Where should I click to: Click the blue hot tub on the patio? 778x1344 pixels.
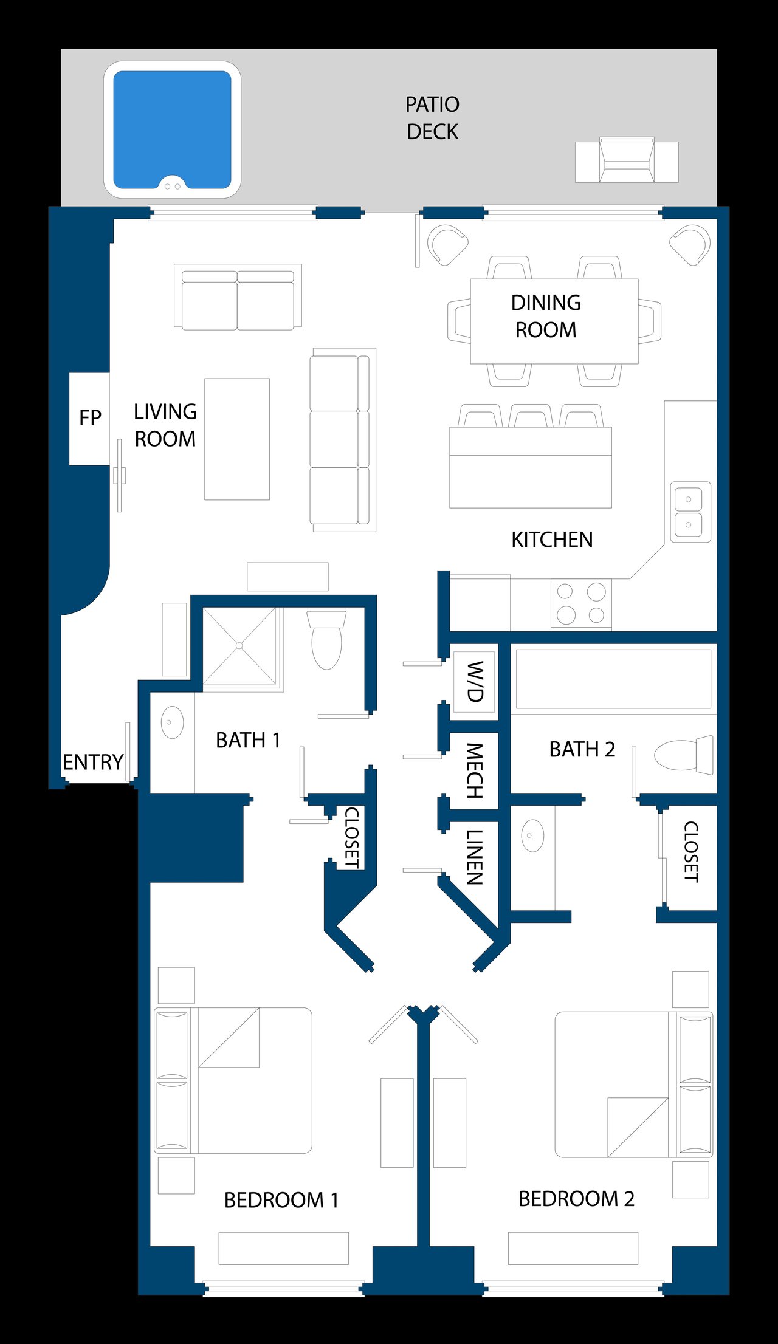tap(172, 129)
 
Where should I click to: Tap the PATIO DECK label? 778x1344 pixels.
tap(432, 118)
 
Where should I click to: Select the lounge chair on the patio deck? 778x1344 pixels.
tap(627, 160)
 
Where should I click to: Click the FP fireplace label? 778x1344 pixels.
tap(90, 417)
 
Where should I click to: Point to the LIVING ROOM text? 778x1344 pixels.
tap(165, 425)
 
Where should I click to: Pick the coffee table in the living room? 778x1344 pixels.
tap(237, 439)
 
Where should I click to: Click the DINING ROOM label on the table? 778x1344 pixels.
tap(546, 316)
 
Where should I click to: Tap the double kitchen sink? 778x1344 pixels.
tap(690, 512)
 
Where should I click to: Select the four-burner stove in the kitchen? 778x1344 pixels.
tap(581, 603)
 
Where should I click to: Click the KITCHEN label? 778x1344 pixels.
tap(552, 540)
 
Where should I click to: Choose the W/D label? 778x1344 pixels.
tap(475, 681)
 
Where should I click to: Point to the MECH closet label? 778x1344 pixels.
tap(475, 770)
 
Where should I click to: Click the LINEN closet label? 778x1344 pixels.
tap(475, 857)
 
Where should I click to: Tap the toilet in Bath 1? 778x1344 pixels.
tap(326, 640)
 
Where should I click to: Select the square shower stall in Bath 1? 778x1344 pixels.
tap(239, 646)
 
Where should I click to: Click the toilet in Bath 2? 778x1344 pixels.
tap(684, 755)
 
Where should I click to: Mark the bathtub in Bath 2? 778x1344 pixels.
tap(613, 679)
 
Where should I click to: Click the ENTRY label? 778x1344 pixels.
tap(93, 762)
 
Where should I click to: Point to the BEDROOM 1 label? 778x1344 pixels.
tap(281, 1200)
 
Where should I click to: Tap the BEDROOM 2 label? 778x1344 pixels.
tap(576, 1199)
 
